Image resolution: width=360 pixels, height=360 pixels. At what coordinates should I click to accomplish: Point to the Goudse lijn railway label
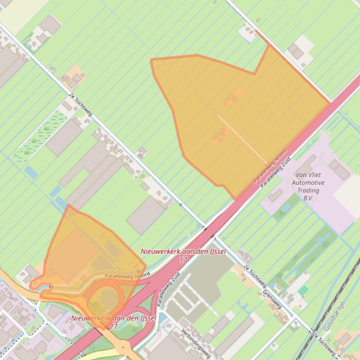click(334, 318)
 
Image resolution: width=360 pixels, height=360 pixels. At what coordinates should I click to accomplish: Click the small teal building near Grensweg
click(303, 290)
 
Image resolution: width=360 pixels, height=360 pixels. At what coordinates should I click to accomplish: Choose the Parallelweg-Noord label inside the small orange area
click(124, 276)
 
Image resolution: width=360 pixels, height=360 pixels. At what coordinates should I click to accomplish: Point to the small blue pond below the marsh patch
click(31, 172)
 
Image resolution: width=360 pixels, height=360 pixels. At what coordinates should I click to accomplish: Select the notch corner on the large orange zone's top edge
click(255, 73)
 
